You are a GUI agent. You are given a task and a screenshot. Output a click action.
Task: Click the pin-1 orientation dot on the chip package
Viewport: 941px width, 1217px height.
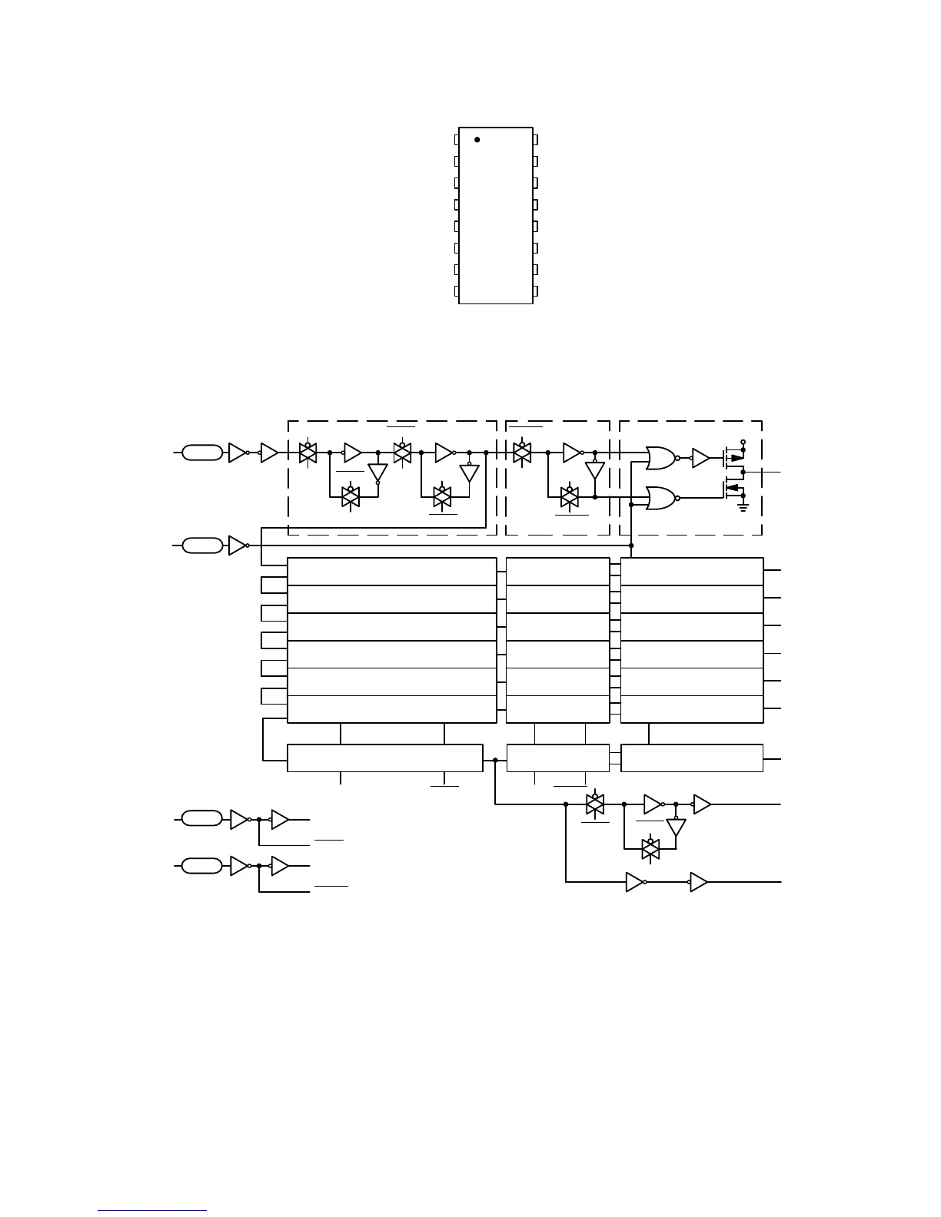click(477, 140)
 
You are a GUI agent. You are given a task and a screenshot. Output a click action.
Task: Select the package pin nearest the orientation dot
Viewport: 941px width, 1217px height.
click(457, 140)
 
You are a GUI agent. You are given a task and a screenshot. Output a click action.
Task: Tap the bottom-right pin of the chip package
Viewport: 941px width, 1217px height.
click(536, 292)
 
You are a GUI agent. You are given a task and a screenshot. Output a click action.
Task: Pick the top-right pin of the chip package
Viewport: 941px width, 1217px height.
click(536, 140)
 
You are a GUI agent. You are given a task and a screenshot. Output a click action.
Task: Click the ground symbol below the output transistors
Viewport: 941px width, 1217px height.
click(743, 507)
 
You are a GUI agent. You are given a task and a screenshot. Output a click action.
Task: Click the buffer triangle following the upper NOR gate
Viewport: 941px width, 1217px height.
click(700, 459)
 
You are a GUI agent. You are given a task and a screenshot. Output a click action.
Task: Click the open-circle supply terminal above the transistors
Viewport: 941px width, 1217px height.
click(743, 442)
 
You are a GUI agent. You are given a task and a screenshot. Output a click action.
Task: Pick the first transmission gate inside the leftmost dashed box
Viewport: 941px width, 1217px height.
click(308, 453)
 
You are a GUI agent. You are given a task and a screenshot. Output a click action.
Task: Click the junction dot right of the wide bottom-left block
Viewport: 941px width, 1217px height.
click(495, 760)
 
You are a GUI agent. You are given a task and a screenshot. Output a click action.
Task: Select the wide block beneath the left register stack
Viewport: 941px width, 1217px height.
click(384, 758)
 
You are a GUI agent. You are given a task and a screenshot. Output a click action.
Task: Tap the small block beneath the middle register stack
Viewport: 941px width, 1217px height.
click(558, 758)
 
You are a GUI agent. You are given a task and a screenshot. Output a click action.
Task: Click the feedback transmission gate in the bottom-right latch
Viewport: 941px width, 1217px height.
click(650, 848)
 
